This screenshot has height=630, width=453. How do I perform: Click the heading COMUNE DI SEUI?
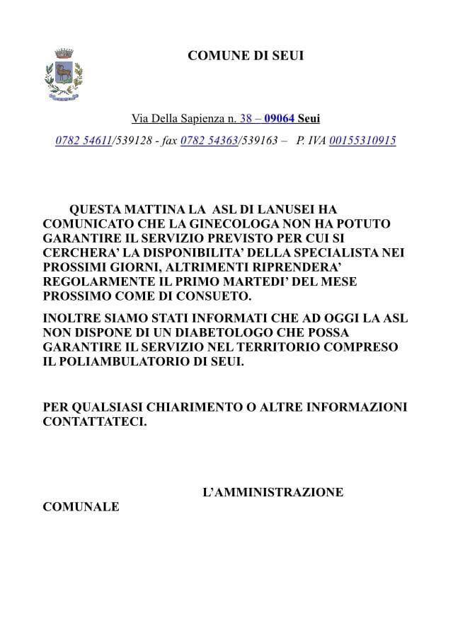point(246,56)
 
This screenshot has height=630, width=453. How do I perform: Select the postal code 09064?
point(279,119)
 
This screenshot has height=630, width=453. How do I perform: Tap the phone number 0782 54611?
point(84,141)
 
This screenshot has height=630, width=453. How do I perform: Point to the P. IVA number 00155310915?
point(362,141)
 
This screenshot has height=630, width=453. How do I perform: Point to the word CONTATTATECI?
point(96,422)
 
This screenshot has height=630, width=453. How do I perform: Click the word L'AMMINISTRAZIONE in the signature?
point(273,492)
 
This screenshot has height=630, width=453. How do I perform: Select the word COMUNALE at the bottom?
point(81,507)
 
